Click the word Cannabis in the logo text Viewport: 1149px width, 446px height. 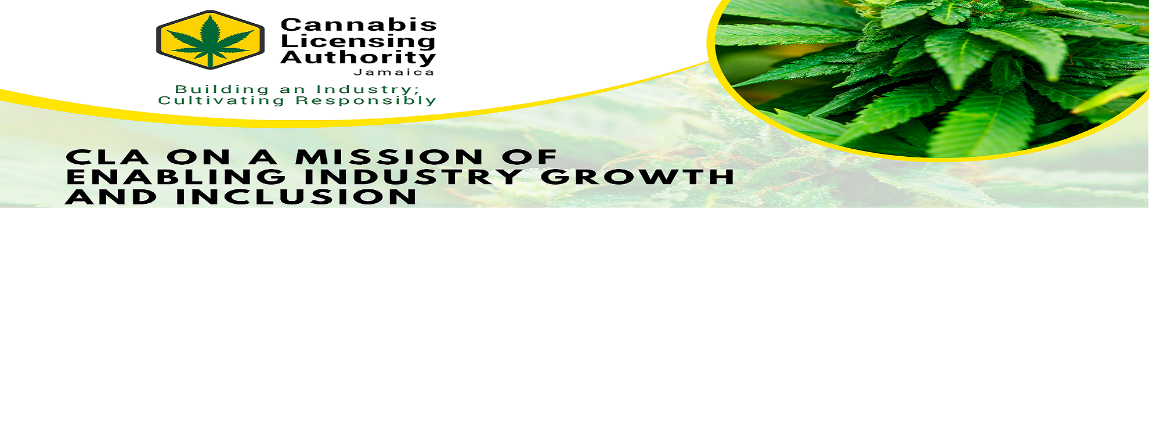click(x=359, y=24)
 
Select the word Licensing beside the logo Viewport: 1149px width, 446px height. click(x=358, y=41)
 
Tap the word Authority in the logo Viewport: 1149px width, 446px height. click(x=358, y=57)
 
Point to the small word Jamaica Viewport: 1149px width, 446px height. click(x=394, y=73)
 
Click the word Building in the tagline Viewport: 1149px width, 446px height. click(x=222, y=89)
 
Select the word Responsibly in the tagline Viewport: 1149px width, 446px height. click(x=366, y=100)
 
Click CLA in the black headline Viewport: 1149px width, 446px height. click(x=107, y=157)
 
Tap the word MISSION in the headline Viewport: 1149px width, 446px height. click(x=389, y=157)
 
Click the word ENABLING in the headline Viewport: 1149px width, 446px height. click(x=176, y=177)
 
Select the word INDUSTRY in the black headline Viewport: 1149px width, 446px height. click(x=413, y=177)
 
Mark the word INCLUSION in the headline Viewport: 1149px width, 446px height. click(x=296, y=197)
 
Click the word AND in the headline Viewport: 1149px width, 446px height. click(x=111, y=197)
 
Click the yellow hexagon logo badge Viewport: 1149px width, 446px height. click(x=210, y=39)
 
